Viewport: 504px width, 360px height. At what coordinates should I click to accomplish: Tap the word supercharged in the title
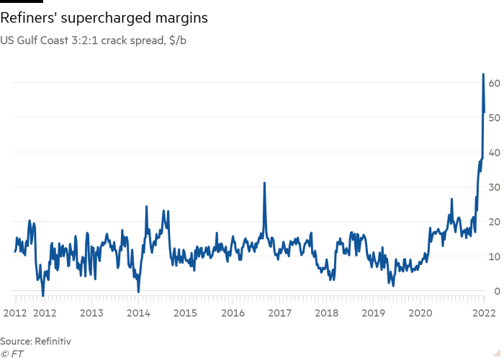[106, 19]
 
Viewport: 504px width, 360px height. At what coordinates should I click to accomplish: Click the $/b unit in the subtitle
[178, 40]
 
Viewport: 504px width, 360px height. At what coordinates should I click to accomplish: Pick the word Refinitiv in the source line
[53, 341]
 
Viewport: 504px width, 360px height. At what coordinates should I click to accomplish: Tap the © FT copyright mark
[12, 354]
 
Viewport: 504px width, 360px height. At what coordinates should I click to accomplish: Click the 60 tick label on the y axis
[494, 84]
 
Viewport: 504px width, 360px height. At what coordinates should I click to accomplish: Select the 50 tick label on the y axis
[494, 117]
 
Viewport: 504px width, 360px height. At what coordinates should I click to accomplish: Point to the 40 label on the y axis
[494, 153]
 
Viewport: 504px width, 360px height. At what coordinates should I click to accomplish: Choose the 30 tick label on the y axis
[494, 187]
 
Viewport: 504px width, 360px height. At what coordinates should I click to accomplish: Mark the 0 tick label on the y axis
[498, 291]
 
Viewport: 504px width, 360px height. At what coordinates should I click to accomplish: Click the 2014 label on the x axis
[138, 313]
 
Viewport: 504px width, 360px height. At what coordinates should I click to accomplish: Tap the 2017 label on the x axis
[279, 313]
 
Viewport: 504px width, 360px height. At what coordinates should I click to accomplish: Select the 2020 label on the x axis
[420, 313]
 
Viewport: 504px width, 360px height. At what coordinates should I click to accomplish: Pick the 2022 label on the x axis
[484, 313]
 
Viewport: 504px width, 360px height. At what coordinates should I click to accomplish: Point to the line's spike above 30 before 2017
[264, 183]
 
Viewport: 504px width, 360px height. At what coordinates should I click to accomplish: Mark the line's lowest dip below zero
[43, 295]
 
